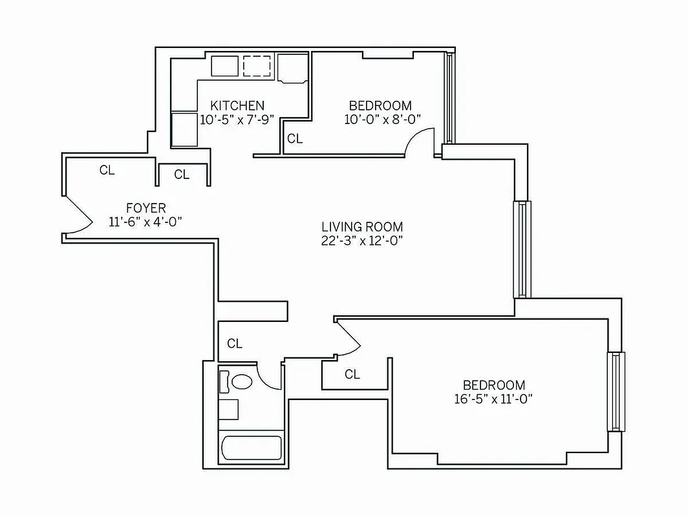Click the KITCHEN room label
pyautogui.click(x=237, y=105)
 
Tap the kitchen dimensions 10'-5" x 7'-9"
pyautogui.click(x=237, y=119)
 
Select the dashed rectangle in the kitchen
pyautogui.click(x=257, y=65)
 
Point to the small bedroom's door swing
pyautogui.click(x=419, y=141)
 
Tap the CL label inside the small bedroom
pyautogui.click(x=295, y=138)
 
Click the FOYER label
pyautogui.click(x=145, y=208)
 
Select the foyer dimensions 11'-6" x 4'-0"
pyautogui.click(x=145, y=222)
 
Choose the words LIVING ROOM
pyautogui.click(x=362, y=227)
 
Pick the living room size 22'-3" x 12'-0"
pyautogui.click(x=362, y=240)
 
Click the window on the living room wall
pyautogui.click(x=522, y=249)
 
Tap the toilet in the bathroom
pyautogui.click(x=242, y=381)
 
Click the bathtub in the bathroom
pyautogui.click(x=252, y=448)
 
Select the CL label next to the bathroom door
pyautogui.click(x=235, y=344)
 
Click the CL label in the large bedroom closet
pyautogui.click(x=352, y=374)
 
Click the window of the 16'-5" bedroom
pyautogui.click(x=616, y=392)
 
